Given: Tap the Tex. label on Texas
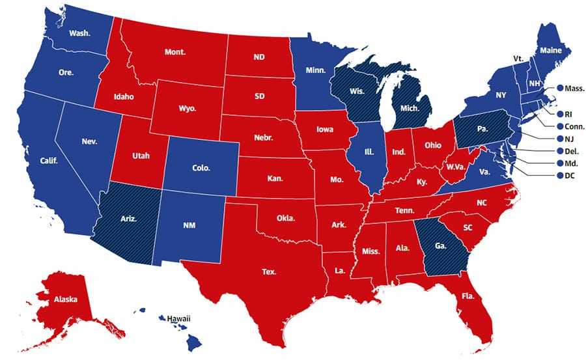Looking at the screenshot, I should point(270,271).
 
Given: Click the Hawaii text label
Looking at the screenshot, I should point(178,318).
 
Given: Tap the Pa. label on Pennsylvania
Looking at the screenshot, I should point(482,129).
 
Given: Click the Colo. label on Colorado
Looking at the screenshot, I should point(201,167).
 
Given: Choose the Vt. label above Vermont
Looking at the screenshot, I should point(518,59).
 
